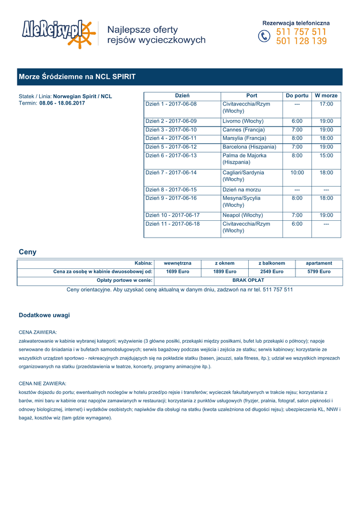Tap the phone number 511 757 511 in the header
coord(301,32)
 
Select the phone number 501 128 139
coord(301,42)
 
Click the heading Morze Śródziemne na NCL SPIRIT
coord(77,77)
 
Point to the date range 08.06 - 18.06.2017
coord(62,103)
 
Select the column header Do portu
coord(297,95)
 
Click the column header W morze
coord(326,95)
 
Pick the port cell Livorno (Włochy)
coord(243,121)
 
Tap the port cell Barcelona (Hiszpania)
coord(249,147)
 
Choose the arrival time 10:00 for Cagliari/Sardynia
coord(297,173)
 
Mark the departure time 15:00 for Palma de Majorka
coord(326,155)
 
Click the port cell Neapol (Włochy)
coord(242,215)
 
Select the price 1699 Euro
coord(178,272)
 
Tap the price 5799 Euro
coord(319,272)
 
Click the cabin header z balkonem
coord(272,263)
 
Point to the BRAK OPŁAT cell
coord(248,281)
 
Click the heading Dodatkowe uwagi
coord(44,315)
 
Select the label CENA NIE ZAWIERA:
coord(42,383)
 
